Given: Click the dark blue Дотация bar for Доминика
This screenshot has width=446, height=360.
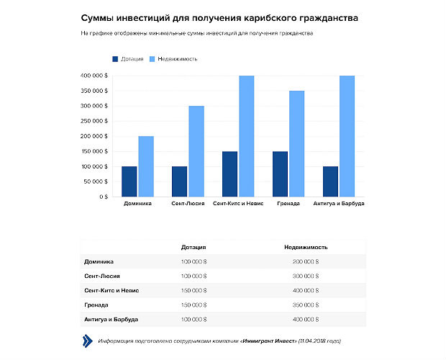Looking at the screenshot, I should click(x=129, y=181).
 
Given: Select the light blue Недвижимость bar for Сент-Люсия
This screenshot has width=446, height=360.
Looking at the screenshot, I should click(x=196, y=151).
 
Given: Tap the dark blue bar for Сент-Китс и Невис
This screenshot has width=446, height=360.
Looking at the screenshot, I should click(x=229, y=174).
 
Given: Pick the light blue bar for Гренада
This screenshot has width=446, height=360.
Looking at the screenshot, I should click(x=296, y=143).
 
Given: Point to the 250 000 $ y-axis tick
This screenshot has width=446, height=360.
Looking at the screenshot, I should click(x=95, y=121).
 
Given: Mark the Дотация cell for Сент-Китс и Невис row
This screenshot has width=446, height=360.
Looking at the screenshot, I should click(x=194, y=290).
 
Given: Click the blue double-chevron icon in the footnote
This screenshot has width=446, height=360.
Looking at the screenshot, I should click(x=87, y=341).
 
